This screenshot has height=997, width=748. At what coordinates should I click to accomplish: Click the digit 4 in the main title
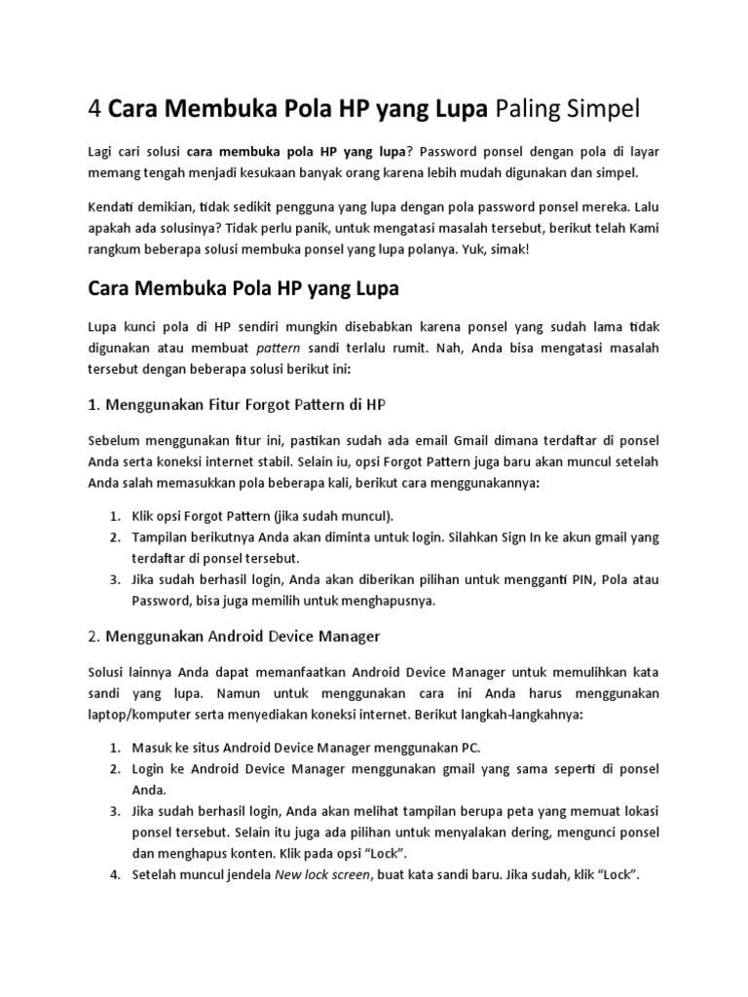click(94, 108)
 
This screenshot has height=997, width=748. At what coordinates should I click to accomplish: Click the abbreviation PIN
click(546, 580)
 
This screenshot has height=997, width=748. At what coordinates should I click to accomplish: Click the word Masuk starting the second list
click(151, 747)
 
